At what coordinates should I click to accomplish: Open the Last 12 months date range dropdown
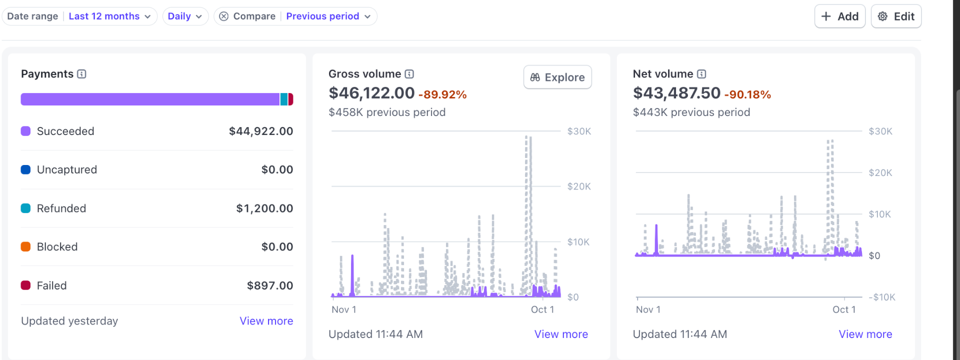(x=109, y=16)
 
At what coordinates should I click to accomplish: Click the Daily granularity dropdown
(x=184, y=16)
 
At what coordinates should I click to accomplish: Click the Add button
(x=839, y=16)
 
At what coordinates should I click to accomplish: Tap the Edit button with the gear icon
(x=896, y=16)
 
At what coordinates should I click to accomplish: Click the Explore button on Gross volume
(x=557, y=77)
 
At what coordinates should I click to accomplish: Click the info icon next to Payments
(x=82, y=74)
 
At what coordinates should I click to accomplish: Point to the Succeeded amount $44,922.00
(x=260, y=131)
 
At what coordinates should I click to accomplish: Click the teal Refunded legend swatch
(x=25, y=208)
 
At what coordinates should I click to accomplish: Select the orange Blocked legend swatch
(x=25, y=246)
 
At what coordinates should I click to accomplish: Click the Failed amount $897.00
(x=269, y=285)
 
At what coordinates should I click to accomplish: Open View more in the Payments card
(x=266, y=321)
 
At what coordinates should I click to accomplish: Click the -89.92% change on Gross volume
(x=442, y=94)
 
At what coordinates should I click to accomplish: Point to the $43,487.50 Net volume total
(x=676, y=93)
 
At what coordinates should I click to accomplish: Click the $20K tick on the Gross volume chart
(x=578, y=186)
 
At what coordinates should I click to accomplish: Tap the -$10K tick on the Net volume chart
(x=881, y=297)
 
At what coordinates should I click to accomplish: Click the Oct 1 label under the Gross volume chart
(x=542, y=309)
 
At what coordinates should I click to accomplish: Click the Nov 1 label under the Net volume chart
(x=648, y=309)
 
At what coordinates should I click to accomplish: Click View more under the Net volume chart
(x=865, y=334)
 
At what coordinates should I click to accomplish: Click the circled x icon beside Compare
(x=224, y=16)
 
